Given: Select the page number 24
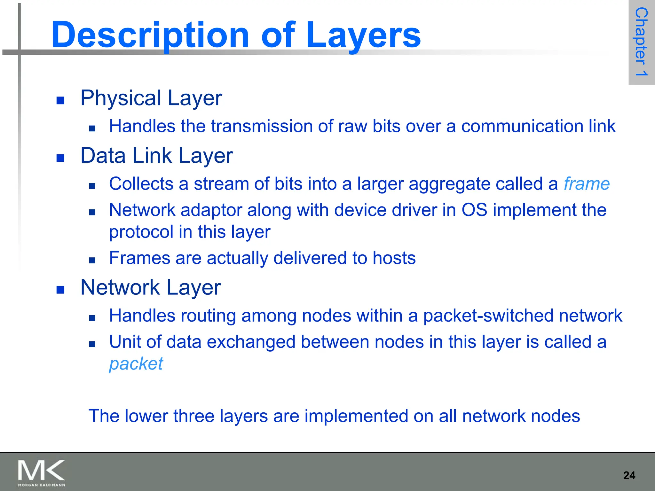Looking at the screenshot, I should pos(629,475).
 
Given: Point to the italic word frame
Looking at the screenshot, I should pos(587,184).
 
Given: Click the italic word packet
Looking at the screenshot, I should pos(136,364).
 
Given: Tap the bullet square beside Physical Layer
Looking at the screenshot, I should pos(60,101).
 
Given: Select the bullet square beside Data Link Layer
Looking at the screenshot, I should pos(60,158).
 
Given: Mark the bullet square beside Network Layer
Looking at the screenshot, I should pos(60,290).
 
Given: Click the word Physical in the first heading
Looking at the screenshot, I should pos(121,98).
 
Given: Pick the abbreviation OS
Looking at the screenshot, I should pos(474,210).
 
